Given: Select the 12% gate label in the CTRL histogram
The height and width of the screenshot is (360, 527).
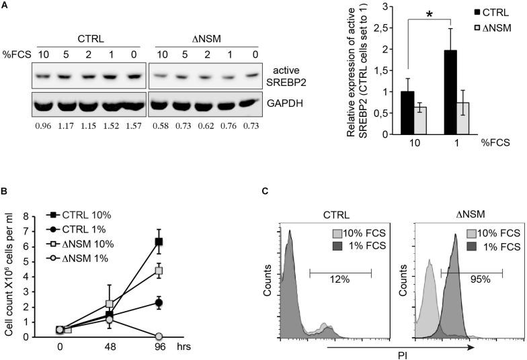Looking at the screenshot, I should click(x=339, y=279).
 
